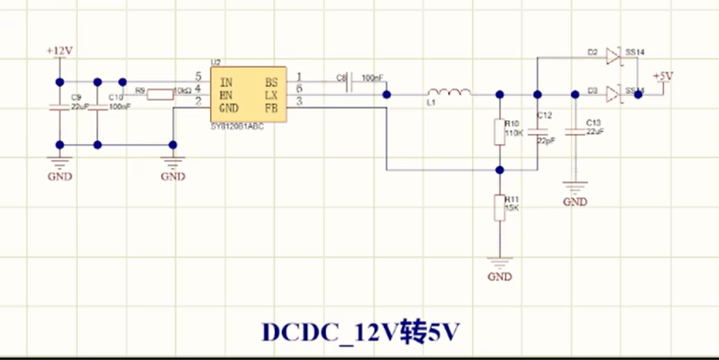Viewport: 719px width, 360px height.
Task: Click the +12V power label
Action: click(x=60, y=52)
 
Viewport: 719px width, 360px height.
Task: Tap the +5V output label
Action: click(x=663, y=76)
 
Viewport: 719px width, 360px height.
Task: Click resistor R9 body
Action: click(x=160, y=94)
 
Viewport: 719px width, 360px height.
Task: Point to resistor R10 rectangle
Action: click(x=499, y=132)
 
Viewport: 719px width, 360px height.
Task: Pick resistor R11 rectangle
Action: click(x=499, y=208)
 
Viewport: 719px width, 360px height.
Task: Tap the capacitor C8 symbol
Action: click(x=349, y=84)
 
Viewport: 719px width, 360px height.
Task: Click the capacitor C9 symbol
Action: click(x=60, y=107)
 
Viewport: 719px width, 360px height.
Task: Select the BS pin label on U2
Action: click(x=271, y=81)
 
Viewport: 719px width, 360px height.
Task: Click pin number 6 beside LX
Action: click(x=300, y=88)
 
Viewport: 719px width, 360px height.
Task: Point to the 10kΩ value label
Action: click(x=182, y=91)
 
